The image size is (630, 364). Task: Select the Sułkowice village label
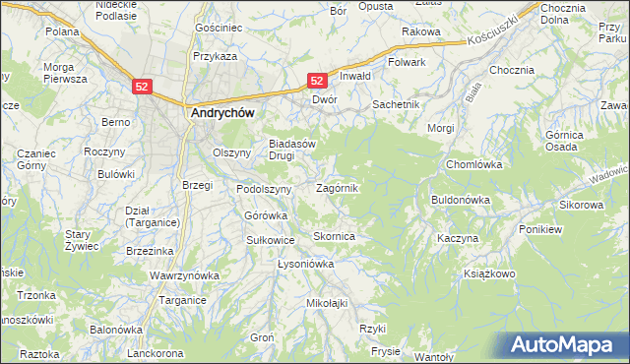271,239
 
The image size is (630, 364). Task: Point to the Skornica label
334,237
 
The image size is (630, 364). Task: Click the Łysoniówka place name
306,265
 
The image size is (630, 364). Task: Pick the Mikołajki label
328,303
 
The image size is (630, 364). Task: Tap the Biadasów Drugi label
292,149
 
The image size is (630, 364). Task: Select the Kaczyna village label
458,239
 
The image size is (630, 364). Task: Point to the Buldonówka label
461,200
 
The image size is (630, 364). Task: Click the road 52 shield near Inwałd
318,80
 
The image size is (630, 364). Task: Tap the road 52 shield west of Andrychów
143,87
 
